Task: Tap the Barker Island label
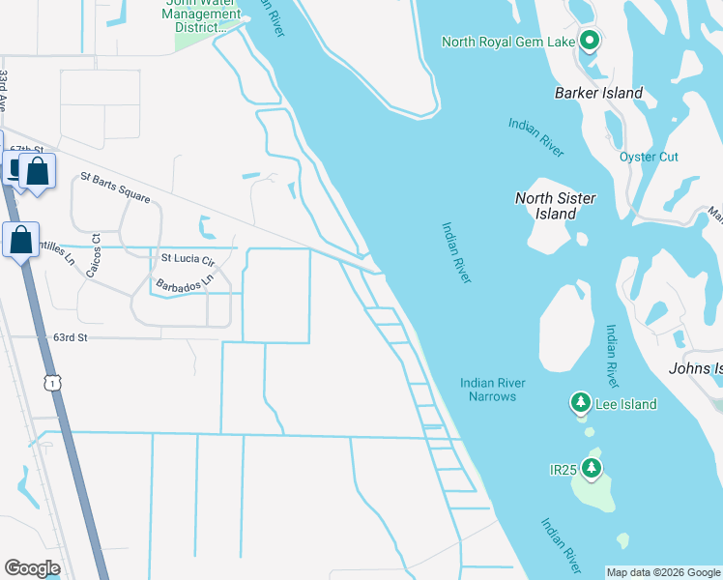(x=598, y=93)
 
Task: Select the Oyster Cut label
(x=649, y=157)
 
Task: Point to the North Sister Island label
(x=555, y=205)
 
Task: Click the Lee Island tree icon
(x=580, y=402)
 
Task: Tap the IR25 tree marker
(x=591, y=469)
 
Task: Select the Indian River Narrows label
(x=493, y=389)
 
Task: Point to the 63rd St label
(x=71, y=337)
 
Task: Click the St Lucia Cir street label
(x=187, y=258)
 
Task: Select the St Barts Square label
(x=115, y=187)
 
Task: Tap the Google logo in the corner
(x=31, y=568)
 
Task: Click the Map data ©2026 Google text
(x=663, y=572)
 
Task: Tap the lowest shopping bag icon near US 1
(x=20, y=239)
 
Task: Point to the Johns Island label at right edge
(x=695, y=368)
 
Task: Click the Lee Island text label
(x=624, y=404)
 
